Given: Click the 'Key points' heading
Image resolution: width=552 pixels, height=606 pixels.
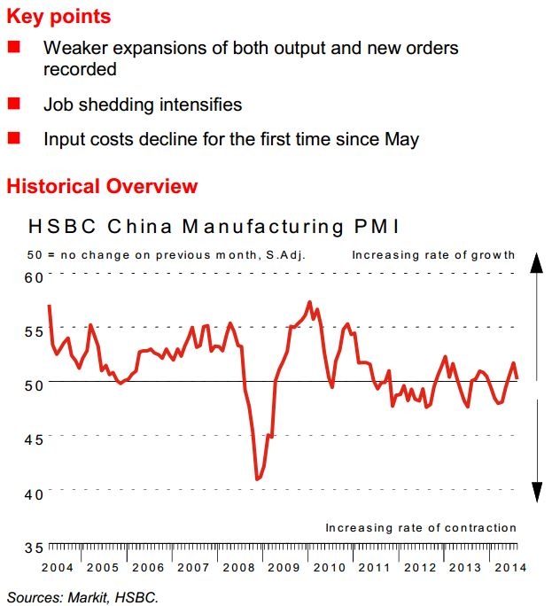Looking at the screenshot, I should click(x=59, y=17).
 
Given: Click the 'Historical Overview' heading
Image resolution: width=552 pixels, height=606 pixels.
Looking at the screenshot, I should click(x=102, y=187).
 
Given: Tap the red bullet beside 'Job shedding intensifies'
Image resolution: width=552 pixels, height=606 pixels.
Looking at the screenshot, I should click(x=13, y=105).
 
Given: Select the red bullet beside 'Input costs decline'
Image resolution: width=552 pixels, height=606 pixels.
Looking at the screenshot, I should click(x=13, y=138).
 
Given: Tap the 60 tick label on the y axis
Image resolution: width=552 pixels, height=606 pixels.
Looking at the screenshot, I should click(x=34, y=277).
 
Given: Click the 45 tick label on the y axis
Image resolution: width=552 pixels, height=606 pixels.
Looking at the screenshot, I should click(x=34, y=439).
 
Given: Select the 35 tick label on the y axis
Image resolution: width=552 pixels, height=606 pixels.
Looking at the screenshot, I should click(x=34, y=547).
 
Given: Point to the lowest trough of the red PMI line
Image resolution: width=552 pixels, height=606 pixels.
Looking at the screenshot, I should click(x=257, y=479).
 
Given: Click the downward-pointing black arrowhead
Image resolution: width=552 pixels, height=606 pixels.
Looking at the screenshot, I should click(x=536, y=491).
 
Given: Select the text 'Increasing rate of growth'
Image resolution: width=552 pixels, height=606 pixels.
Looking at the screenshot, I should click(x=433, y=255).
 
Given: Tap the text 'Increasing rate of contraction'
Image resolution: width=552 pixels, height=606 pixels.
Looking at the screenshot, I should click(x=420, y=528).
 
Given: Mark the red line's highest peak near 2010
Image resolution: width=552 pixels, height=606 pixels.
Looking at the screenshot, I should click(x=309, y=303).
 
